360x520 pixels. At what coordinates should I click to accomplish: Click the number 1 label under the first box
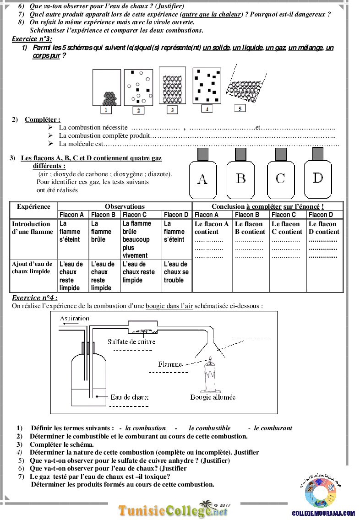[x=106, y=110]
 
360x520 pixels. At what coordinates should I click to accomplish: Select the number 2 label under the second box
[x=138, y=110]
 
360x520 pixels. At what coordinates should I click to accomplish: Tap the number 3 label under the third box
[x=172, y=110]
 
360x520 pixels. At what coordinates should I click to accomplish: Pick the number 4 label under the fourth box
[x=207, y=109]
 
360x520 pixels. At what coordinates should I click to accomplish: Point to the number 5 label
[x=239, y=108]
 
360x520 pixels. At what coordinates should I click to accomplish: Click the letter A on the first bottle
[x=202, y=179]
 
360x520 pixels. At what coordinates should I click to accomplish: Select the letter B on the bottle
[x=241, y=178]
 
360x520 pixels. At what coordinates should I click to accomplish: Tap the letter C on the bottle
[x=280, y=178]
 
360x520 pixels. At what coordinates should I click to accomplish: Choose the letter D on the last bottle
[x=318, y=178]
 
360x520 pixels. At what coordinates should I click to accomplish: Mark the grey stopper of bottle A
[x=202, y=154]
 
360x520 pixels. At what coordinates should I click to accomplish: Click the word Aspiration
[x=75, y=318]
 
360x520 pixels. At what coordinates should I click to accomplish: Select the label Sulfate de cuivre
[x=131, y=341]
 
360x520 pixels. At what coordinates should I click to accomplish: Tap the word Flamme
[x=170, y=364]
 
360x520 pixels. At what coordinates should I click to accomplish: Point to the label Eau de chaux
[x=130, y=397]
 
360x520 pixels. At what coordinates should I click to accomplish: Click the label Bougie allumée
[x=213, y=397]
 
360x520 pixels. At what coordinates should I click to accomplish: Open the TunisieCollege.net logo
[x=174, y=510]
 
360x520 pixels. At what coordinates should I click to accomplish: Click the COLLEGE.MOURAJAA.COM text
[x=323, y=514]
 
